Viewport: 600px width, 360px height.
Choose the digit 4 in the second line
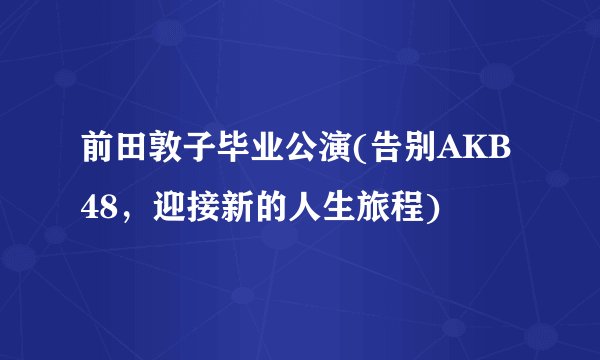pyautogui.click(x=90, y=209)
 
